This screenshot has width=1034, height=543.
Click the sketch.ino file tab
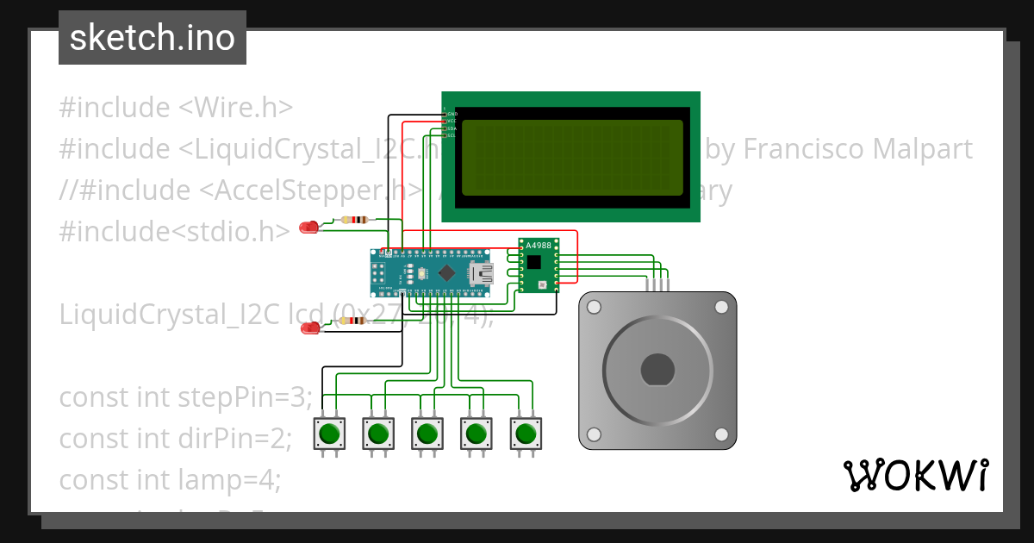(153, 38)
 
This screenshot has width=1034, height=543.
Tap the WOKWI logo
(915, 475)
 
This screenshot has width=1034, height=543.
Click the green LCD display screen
(572, 158)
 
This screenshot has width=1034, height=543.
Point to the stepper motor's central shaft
(657, 370)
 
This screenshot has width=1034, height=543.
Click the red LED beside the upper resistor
(307, 228)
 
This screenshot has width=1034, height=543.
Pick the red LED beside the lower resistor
(307, 328)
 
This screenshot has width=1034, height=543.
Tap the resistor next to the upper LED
(354, 220)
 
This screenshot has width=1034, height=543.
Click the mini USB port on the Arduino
(481, 274)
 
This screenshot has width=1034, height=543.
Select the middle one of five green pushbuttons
(427, 432)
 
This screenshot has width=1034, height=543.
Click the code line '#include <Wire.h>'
(177, 108)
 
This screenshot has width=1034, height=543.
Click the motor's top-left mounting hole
(594, 306)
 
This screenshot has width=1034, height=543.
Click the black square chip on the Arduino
(446, 273)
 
